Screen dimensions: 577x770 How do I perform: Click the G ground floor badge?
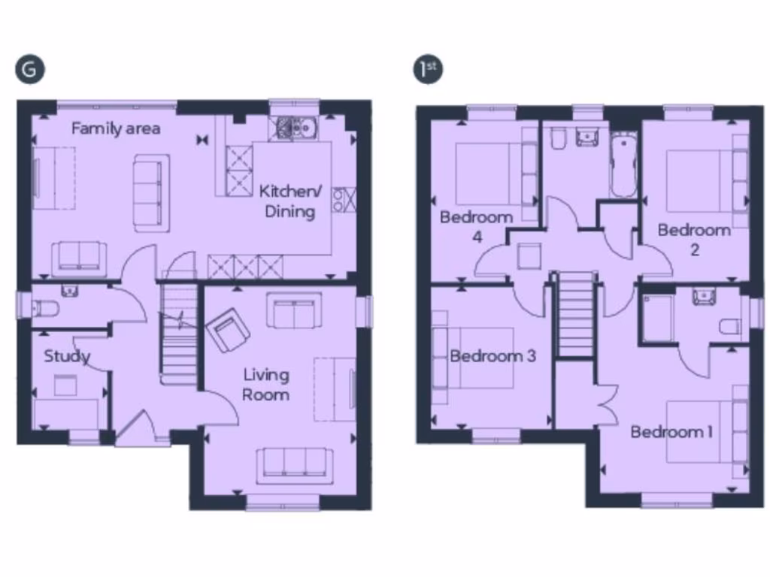tap(29, 69)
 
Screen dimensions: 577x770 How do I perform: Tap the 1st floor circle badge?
tap(429, 69)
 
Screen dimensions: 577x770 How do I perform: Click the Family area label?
tap(116, 128)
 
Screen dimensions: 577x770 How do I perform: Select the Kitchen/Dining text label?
tap(290, 201)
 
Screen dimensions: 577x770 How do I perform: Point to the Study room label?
tap(67, 356)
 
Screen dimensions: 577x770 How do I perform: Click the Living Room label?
tap(265, 384)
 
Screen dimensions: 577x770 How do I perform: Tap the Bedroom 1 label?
tap(671, 432)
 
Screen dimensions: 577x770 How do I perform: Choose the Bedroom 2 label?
tap(693, 239)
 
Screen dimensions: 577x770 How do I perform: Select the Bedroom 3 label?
tap(493, 356)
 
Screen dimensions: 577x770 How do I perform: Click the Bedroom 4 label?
tap(476, 226)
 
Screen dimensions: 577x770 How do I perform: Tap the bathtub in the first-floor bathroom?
tap(623, 165)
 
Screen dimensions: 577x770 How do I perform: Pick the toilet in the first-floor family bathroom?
tap(558, 140)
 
